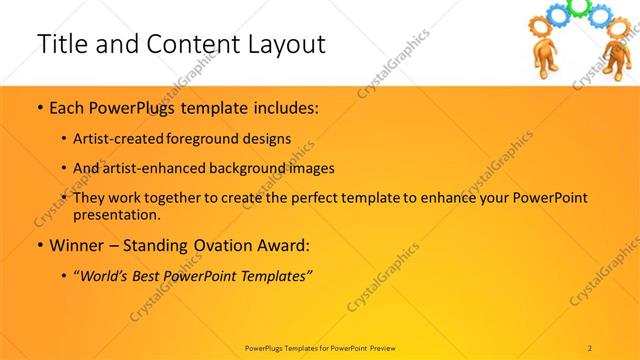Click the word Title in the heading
click(x=61, y=44)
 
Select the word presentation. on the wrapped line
click(x=116, y=214)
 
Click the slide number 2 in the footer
click(x=591, y=347)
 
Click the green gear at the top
click(x=577, y=8)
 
